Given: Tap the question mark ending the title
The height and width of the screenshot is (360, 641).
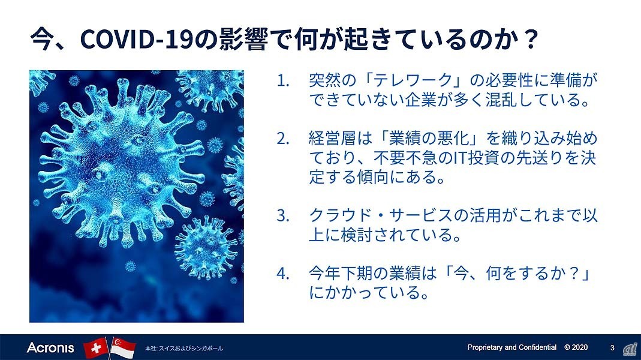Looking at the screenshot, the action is pyautogui.click(x=531, y=39).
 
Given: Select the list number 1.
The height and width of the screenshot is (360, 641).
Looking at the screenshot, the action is pyautogui.click(x=283, y=80).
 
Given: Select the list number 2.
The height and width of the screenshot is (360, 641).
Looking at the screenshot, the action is pyautogui.click(x=283, y=139).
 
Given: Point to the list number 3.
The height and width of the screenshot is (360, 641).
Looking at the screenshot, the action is pyautogui.click(x=283, y=215).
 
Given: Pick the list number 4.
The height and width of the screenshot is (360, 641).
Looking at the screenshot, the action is pyautogui.click(x=283, y=273).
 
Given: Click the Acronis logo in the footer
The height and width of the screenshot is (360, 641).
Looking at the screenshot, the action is pyautogui.click(x=50, y=348).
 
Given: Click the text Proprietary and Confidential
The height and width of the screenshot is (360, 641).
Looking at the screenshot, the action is pyautogui.click(x=512, y=347).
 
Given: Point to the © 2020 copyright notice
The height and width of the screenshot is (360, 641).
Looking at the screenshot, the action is pyautogui.click(x=576, y=347).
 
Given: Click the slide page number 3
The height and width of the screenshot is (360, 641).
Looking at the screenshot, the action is pyautogui.click(x=612, y=348).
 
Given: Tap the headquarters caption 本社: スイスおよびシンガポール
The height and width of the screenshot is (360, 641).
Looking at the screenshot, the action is pyautogui.click(x=184, y=349).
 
